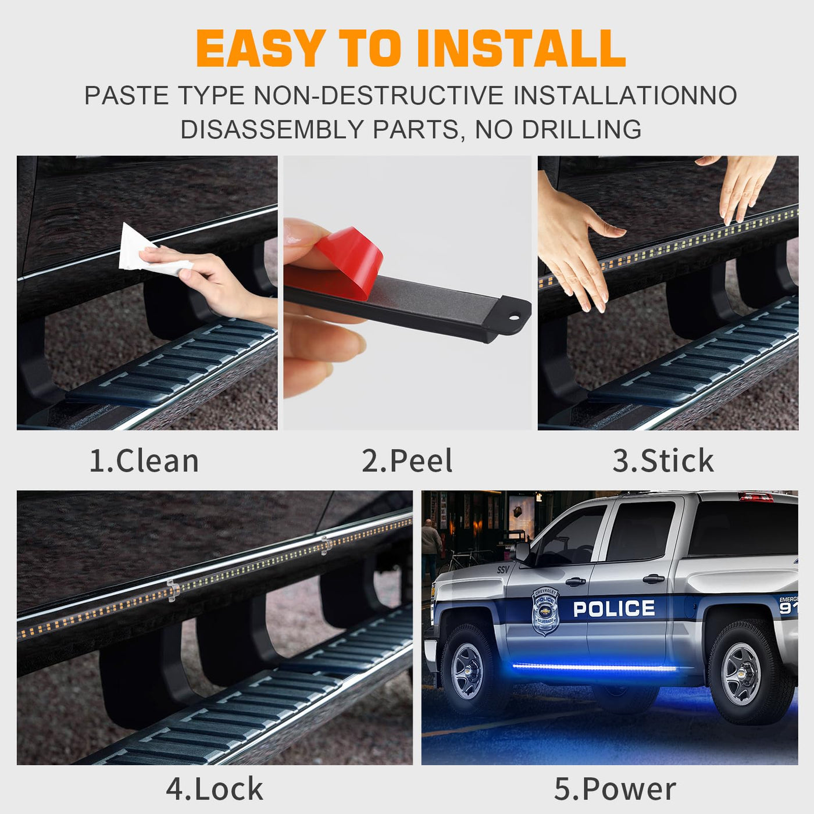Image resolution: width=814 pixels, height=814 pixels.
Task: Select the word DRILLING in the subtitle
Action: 581,129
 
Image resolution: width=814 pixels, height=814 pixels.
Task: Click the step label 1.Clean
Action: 144,461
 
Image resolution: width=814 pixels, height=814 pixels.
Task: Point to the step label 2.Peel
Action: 407,461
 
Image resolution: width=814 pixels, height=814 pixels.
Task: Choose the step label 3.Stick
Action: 663,461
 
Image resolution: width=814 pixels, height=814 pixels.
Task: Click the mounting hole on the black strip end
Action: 515,316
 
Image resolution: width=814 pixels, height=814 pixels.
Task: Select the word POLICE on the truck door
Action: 614,609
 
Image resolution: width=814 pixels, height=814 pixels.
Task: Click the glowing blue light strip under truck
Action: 595,667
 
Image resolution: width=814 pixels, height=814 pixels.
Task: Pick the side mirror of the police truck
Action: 523,551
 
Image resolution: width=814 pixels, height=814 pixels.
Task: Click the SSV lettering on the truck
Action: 503,570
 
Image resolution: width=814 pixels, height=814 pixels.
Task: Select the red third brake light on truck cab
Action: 756,497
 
